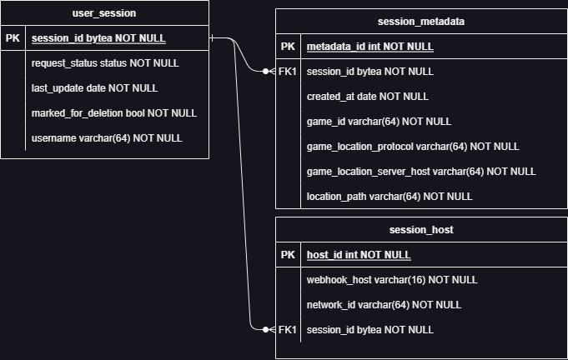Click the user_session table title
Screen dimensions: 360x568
[x=104, y=13]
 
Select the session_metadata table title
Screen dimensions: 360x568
[x=421, y=22]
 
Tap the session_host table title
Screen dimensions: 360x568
[x=421, y=230]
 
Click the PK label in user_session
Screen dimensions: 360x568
[x=13, y=38]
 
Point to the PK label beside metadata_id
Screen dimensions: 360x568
[x=288, y=47]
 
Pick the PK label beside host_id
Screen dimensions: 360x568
[x=288, y=255]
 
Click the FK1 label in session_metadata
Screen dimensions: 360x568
[x=288, y=72]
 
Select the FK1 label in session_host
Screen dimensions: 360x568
[x=288, y=330]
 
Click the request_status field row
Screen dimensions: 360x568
[x=105, y=63]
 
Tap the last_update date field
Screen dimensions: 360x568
[x=94, y=88]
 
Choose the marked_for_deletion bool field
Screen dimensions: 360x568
[x=113, y=113]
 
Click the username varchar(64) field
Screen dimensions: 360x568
[x=107, y=138]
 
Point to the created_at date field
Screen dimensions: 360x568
[x=368, y=97]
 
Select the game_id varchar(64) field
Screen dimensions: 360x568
[x=367, y=122]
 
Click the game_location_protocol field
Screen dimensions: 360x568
[x=413, y=147]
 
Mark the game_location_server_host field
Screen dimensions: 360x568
[x=421, y=172]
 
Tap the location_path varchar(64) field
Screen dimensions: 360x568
[x=390, y=197]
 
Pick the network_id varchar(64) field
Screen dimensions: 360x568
[x=384, y=305]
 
